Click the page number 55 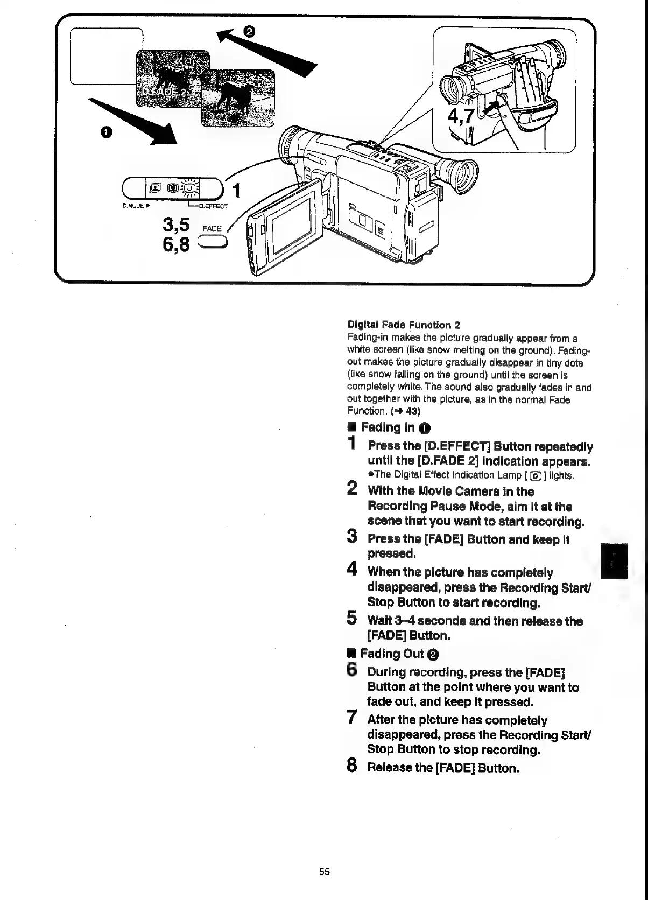click(324, 872)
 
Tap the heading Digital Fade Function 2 click(404, 325)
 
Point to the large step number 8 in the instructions click(352, 766)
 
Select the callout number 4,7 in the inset click(459, 115)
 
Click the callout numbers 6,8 click(175, 245)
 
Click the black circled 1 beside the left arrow click(105, 132)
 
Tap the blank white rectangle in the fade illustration click(102, 54)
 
